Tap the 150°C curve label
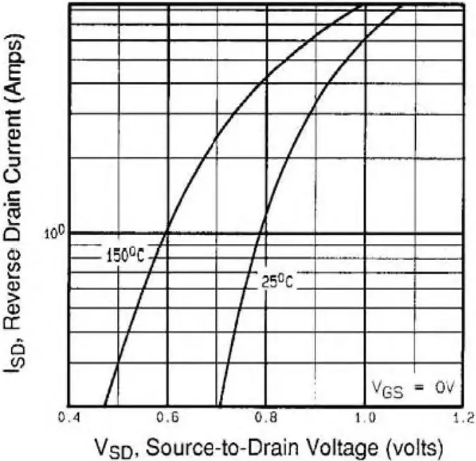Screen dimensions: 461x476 pos(125,255)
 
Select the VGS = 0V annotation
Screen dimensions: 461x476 pos(416,386)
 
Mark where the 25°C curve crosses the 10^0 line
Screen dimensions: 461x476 pos(262,232)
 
